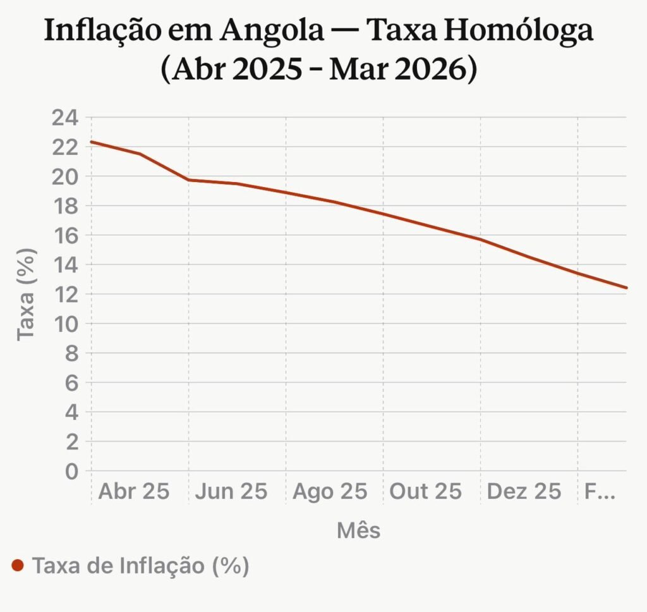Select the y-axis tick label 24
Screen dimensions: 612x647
point(65,118)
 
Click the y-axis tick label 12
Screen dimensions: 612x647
point(65,295)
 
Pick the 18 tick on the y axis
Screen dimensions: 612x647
point(65,206)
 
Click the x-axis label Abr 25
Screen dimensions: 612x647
point(134,492)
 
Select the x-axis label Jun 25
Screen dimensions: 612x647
point(231,492)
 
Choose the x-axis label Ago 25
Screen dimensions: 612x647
point(329,492)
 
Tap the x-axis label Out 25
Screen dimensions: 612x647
point(425,492)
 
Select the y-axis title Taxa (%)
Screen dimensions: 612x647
point(27,294)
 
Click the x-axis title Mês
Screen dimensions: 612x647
point(358,530)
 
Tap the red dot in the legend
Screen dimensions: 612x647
point(18,565)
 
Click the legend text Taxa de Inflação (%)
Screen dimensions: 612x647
point(140,565)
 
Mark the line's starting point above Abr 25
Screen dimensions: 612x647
point(92,142)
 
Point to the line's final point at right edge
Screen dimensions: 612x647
point(626,288)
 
